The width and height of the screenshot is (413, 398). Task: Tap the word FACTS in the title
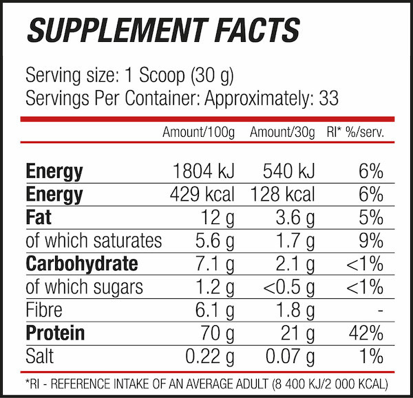(246, 30)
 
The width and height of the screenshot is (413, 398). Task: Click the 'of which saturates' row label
(94, 241)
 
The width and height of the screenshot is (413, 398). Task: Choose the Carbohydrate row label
(81, 264)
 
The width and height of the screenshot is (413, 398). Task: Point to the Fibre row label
(45, 310)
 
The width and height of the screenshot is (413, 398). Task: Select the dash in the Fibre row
(380, 311)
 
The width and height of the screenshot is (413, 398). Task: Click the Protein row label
(55, 333)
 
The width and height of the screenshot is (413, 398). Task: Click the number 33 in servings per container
(329, 98)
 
